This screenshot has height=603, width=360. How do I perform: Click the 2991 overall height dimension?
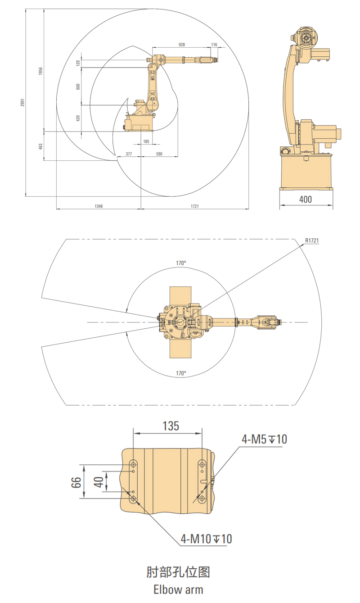tap(22, 102)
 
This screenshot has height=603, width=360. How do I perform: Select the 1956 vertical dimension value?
tap(40, 71)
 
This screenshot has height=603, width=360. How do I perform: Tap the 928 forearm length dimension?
tap(182, 45)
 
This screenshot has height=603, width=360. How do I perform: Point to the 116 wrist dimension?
tap(214, 45)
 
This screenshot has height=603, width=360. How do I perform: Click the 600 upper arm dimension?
tap(78, 86)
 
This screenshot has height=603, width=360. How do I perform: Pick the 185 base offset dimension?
tap(146, 141)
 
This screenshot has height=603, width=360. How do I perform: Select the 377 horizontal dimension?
tap(129, 154)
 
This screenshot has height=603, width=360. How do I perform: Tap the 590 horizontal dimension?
tap(159, 154)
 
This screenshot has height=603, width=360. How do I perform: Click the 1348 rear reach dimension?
tap(99, 206)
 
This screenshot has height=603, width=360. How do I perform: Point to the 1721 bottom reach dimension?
tap(195, 206)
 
